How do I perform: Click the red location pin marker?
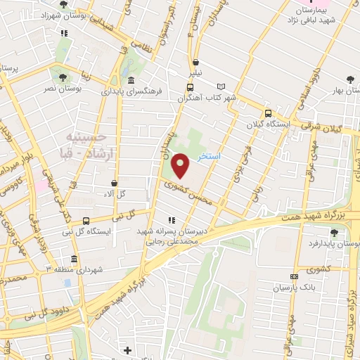tap(181, 165)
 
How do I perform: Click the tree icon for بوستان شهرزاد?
tap(64, 4)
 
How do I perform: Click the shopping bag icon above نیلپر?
tap(195, 62)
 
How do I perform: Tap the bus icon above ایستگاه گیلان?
tap(267, 113)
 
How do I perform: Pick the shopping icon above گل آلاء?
tap(114, 183)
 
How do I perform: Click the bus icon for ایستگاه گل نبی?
tap(86, 221)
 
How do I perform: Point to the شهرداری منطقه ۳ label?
tap(75, 269)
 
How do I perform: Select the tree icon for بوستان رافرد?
tap(334, 233)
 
